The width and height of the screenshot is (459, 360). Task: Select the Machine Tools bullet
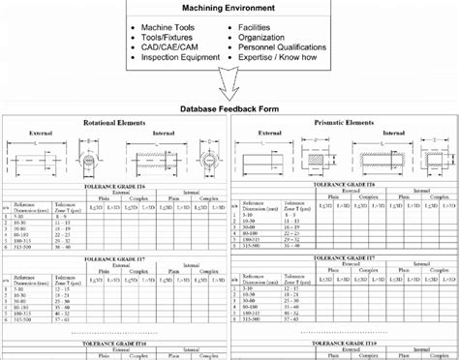(x=167, y=30)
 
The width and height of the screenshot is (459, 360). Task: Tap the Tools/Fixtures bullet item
(x=166, y=42)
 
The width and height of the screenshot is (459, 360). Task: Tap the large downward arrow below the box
(x=229, y=91)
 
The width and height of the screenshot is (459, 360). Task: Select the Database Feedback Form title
(x=229, y=108)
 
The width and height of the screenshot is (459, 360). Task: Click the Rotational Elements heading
(x=115, y=124)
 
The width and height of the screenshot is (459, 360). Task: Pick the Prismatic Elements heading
(x=346, y=123)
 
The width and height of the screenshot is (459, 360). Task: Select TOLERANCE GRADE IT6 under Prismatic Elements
(x=346, y=182)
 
